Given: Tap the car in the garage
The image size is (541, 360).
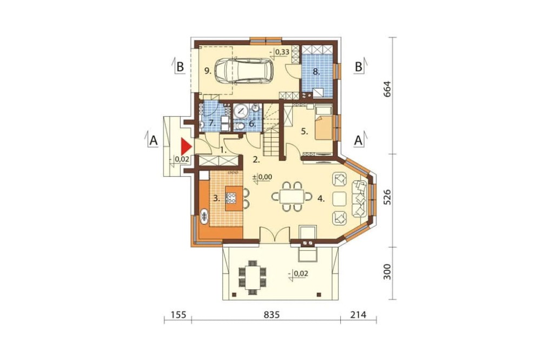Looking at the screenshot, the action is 244,71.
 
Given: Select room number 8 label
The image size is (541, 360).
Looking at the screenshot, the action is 316,72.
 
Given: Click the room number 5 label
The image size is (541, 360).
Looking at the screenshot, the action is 304,131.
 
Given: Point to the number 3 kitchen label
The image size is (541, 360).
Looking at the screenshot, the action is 217,198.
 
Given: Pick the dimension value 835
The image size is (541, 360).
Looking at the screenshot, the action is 271,315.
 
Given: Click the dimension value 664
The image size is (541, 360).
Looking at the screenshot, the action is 387,89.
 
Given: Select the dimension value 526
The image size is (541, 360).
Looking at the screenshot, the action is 387,197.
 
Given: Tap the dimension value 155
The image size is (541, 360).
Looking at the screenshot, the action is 179,315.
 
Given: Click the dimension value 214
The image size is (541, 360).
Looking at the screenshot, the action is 359,315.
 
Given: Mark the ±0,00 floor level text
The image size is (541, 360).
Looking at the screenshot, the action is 262,177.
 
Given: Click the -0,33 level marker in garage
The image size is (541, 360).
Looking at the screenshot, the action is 281,52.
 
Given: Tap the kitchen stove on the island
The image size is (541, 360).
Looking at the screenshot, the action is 231,198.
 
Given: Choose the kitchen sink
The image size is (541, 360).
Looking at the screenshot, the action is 205,216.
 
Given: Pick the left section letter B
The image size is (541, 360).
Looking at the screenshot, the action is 180,66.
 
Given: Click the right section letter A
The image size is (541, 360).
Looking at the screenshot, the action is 359,140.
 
